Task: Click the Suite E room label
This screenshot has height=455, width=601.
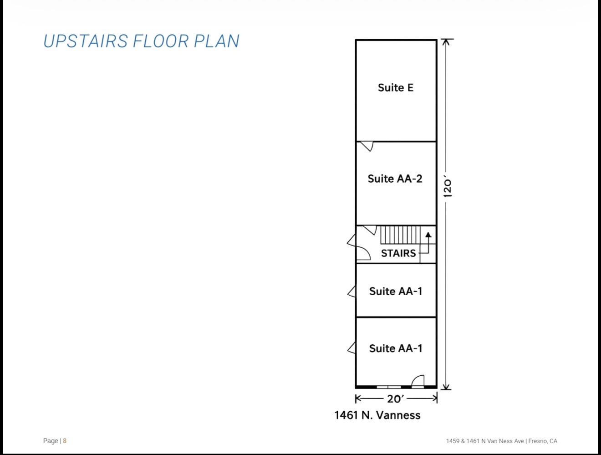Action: pyautogui.click(x=396, y=87)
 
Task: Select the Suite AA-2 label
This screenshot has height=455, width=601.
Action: pyautogui.click(x=395, y=179)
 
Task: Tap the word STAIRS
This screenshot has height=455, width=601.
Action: pyautogui.click(x=398, y=253)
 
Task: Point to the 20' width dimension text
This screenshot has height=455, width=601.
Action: pyautogui.click(x=396, y=399)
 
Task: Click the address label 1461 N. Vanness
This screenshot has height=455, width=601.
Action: pyautogui.click(x=377, y=415)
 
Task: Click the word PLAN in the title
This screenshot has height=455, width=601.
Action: pyautogui.click(x=216, y=41)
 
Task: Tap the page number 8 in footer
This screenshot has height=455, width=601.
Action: pyautogui.click(x=65, y=440)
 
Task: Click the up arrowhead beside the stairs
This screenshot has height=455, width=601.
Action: pyautogui.click(x=428, y=235)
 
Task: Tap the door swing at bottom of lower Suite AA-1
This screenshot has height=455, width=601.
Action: pyautogui.click(x=418, y=381)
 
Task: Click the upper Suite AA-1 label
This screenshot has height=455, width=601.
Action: pyautogui.click(x=396, y=291)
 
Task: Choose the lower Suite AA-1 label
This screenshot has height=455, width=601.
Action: pyautogui.click(x=396, y=348)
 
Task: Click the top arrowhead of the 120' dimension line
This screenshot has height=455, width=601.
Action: pyautogui.click(x=446, y=42)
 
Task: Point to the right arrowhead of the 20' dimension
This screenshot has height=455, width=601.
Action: pyautogui.click(x=434, y=399)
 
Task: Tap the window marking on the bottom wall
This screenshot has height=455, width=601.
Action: pyautogui.click(x=388, y=387)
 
